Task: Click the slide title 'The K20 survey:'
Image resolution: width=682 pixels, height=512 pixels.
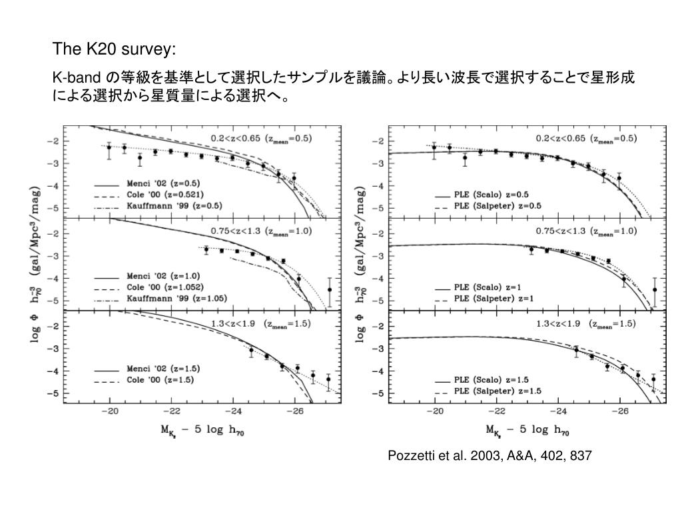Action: coord(115,49)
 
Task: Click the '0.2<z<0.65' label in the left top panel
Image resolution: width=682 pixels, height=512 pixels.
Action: coord(237,139)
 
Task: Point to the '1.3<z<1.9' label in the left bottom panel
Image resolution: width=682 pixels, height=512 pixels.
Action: coord(234,324)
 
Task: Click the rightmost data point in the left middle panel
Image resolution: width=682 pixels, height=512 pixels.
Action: coord(329,290)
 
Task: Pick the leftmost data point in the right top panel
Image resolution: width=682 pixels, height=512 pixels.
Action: coord(434,147)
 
